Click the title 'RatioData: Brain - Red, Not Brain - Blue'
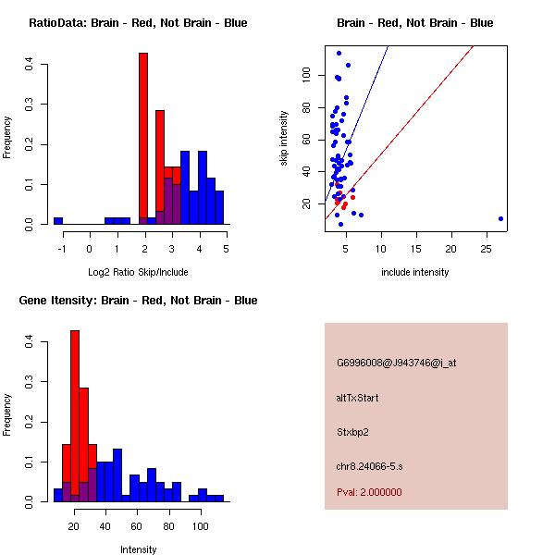tap(138, 23)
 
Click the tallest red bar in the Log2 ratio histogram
tap(143, 139)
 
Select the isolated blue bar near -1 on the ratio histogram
tap(58, 221)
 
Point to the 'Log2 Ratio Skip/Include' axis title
tap(138, 272)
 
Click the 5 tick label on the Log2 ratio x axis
tap(226, 248)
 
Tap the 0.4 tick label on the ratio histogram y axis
tap(31, 64)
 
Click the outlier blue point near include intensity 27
tap(500, 219)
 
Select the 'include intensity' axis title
tap(414, 272)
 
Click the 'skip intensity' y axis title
tap(284, 139)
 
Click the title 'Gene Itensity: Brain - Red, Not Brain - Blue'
tap(138, 301)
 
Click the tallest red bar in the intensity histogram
tap(75, 415)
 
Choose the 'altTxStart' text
tap(358, 398)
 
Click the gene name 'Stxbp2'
tap(352, 432)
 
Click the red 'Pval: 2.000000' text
tap(369, 492)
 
